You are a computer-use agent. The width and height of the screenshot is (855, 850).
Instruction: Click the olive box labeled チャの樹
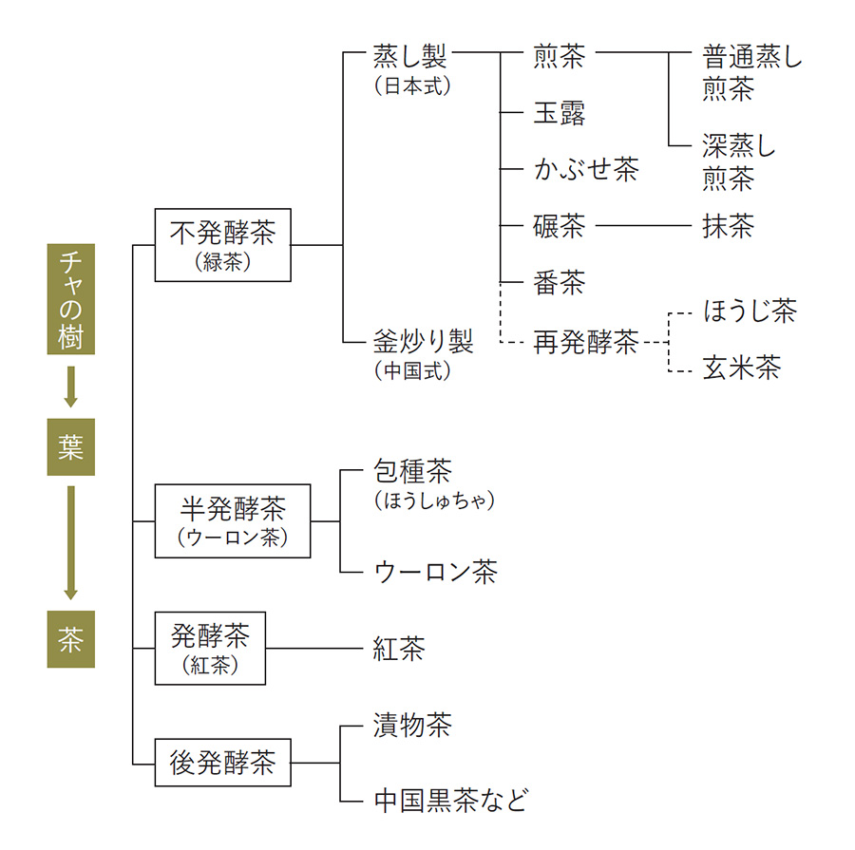pyautogui.click(x=70, y=298)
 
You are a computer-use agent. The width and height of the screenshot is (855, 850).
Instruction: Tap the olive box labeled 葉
pyautogui.click(x=70, y=446)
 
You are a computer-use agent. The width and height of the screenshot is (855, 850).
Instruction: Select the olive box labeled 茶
pyautogui.click(x=70, y=639)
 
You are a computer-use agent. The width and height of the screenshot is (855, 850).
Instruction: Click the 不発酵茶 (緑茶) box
pyautogui.click(x=222, y=245)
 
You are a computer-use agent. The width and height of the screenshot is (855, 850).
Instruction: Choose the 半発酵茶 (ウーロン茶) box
pyautogui.click(x=232, y=520)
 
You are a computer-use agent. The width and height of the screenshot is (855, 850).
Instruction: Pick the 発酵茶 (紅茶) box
pyautogui.click(x=210, y=649)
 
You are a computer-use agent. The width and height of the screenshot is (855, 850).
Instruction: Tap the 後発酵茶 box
pyautogui.click(x=222, y=762)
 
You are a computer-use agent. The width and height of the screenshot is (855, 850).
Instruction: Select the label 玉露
pyautogui.click(x=560, y=113)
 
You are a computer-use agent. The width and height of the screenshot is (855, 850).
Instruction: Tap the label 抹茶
pyautogui.click(x=729, y=226)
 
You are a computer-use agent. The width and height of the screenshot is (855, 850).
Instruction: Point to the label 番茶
pyautogui.click(x=560, y=282)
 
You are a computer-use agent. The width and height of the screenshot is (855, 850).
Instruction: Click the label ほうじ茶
pyautogui.click(x=750, y=311)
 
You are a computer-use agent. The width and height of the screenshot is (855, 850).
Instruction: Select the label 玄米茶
pyautogui.click(x=741, y=368)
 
